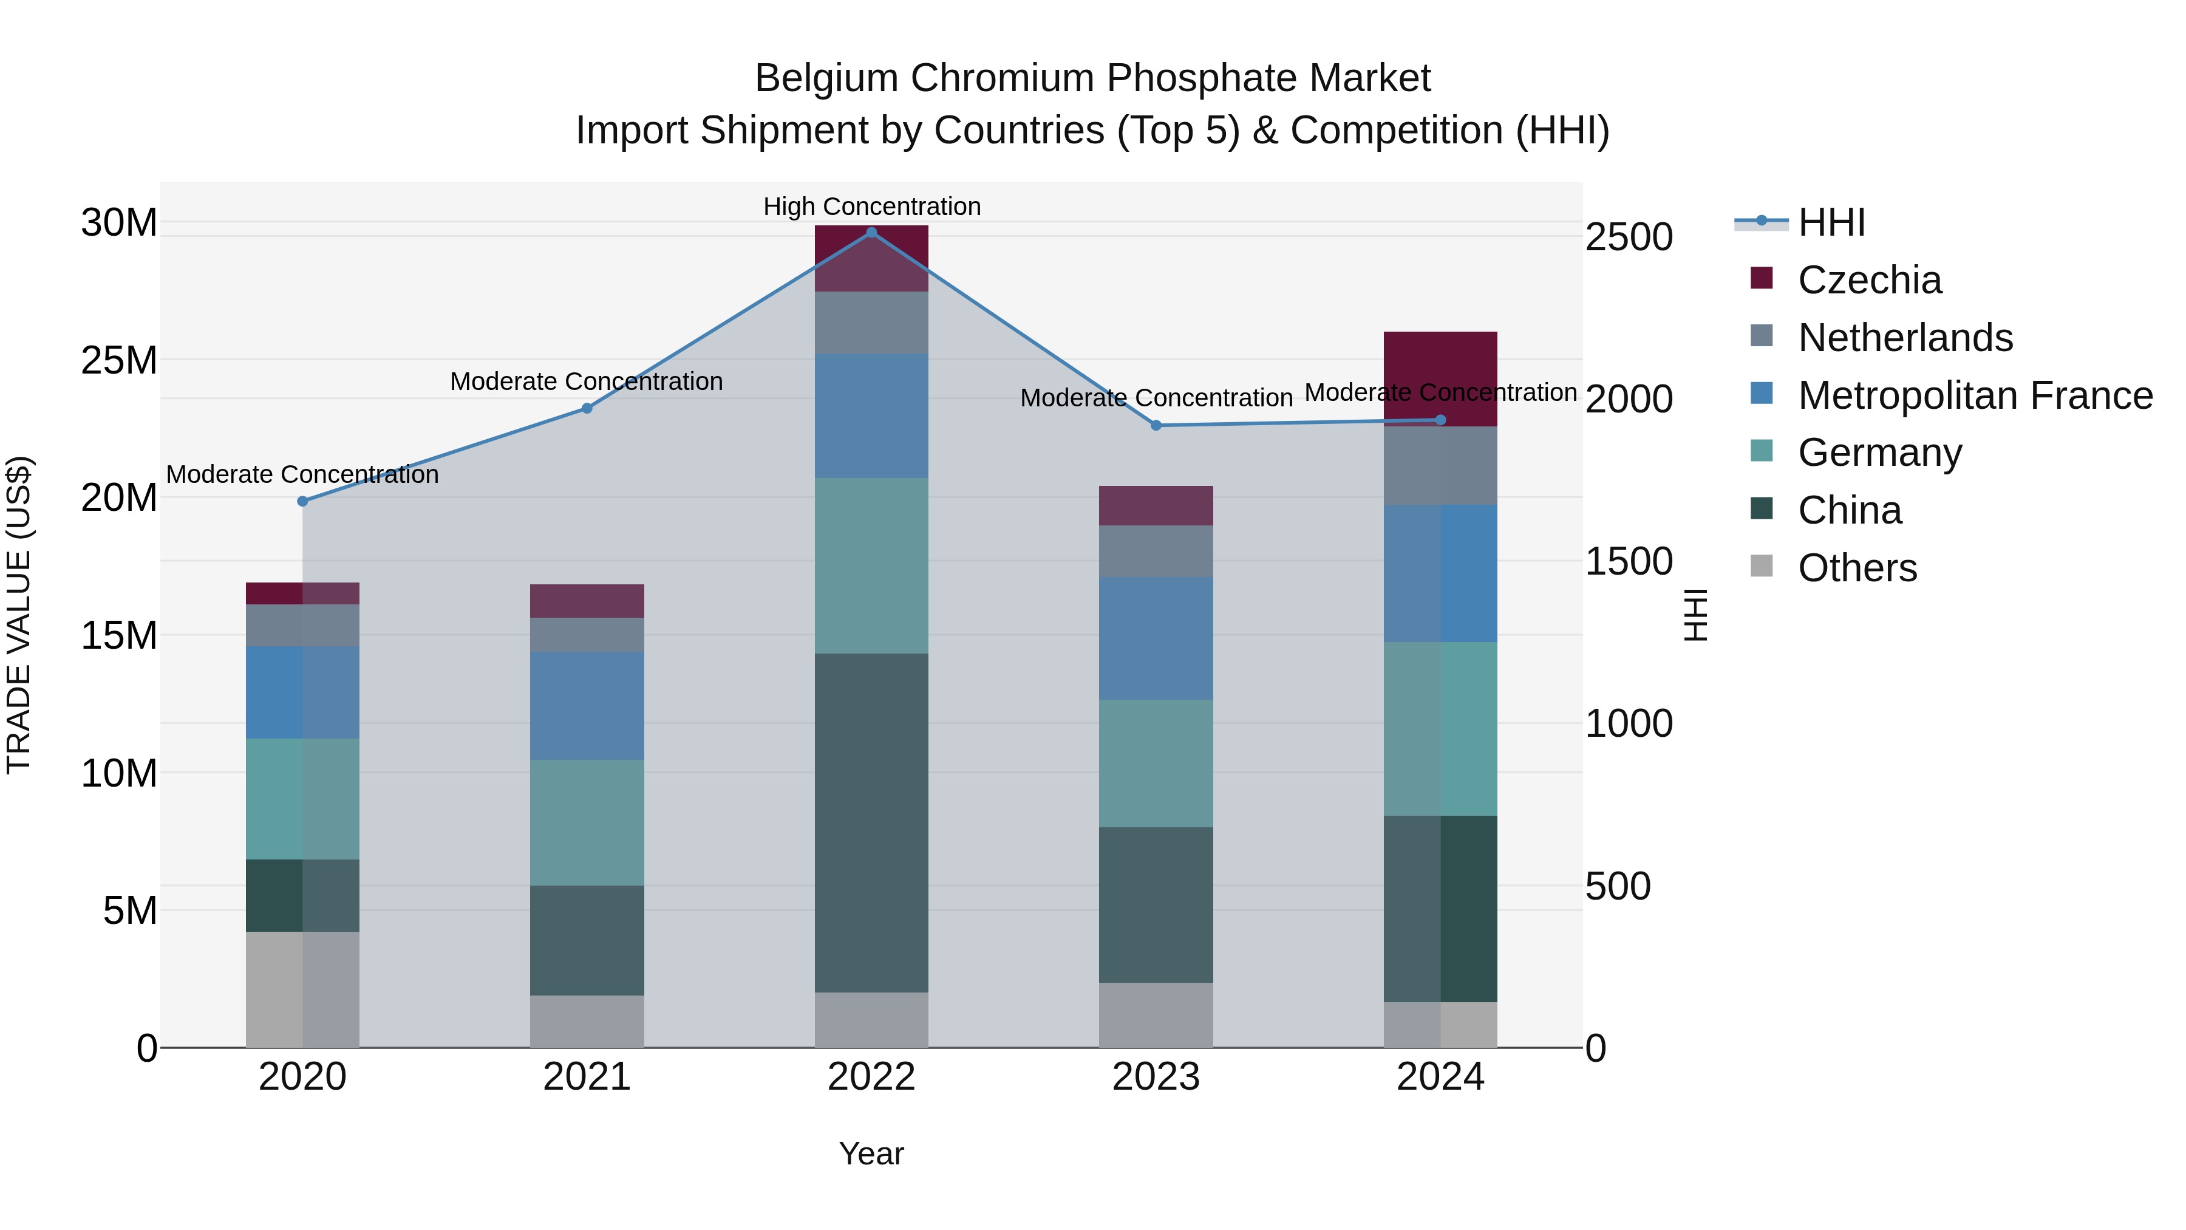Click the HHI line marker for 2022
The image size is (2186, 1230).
pos(871,233)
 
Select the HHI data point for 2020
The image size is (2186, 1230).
pos(302,502)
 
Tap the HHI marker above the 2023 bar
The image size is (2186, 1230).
pos(1156,425)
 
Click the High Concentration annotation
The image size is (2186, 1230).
pos(871,207)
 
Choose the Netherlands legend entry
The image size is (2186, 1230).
pos(1905,338)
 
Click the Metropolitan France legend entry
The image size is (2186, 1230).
pos(1975,395)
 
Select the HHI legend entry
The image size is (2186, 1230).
pos(1831,222)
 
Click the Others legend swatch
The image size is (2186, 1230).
pos(1761,566)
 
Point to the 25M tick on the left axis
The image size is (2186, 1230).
pos(119,361)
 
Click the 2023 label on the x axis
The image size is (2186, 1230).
pos(1156,1077)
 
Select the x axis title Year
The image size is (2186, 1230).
pos(871,1153)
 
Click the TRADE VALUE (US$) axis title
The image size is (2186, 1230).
pos(19,615)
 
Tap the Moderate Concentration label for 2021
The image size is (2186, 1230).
pos(587,381)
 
